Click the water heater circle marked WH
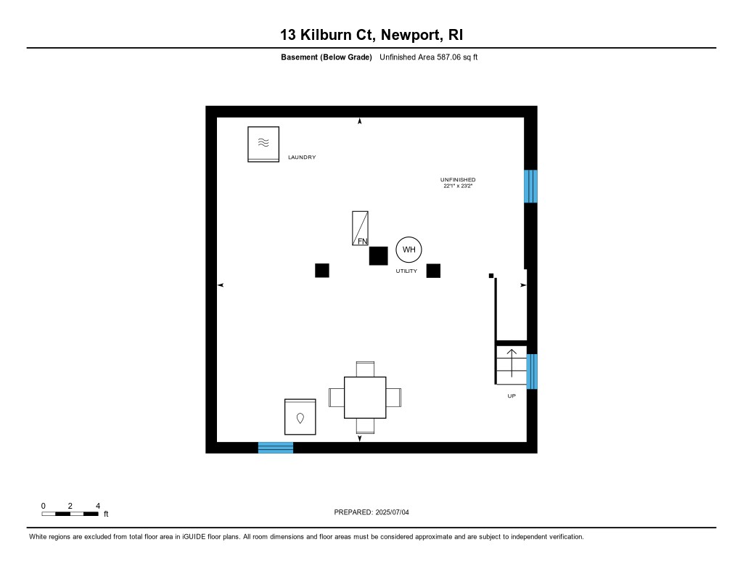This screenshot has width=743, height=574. (x=409, y=250)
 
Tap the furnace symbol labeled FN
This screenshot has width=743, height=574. (x=361, y=229)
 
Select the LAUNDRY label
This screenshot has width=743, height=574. (x=302, y=157)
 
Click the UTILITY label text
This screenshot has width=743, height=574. (x=406, y=271)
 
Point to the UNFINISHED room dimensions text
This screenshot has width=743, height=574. (x=458, y=186)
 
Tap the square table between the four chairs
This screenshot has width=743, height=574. (x=365, y=397)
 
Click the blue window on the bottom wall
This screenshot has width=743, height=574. (x=276, y=447)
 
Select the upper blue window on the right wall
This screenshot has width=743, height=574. (x=531, y=186)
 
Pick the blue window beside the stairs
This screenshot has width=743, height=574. (x=532, y=372)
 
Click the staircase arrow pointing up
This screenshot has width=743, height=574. (x=511, y=361)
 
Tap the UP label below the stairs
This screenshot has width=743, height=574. (x=511, y=396)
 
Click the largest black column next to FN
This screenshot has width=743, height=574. (x=378, y=255)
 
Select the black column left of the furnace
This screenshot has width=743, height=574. (x=322, y=270)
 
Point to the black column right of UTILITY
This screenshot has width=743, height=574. (x=433, y=270)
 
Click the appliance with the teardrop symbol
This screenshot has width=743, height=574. (x=300, y=417)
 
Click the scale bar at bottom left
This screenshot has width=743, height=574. (x=70, y=513)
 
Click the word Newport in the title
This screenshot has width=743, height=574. (x=409, y=34)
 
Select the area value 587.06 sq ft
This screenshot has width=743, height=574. (x=451, y=57)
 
